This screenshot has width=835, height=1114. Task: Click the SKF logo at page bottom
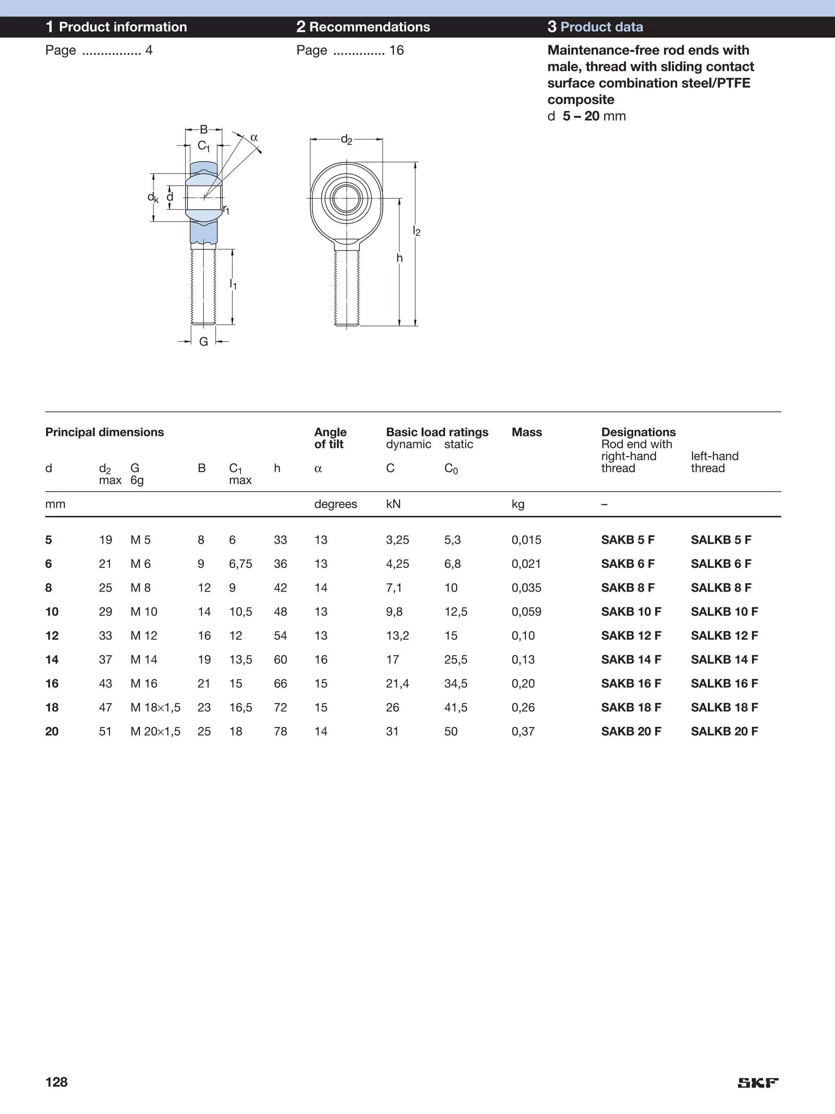point(758,1083)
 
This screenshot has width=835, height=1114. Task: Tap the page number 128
point(56,1082)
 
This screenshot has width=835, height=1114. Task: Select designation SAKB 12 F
point(631,636)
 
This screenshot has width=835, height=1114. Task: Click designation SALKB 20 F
point(724,731)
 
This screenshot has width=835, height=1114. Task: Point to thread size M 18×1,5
point(155,708)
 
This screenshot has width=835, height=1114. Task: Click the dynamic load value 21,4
point(397,683)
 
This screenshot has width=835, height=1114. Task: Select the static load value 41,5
point(455,708)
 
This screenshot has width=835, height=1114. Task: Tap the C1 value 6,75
point(240,564)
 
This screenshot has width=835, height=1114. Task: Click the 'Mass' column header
point(526,432)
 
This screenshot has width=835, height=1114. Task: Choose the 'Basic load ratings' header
point(437,432)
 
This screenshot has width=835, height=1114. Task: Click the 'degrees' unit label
point(335,504)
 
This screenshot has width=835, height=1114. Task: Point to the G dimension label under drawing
point(203,342)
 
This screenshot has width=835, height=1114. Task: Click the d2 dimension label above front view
point(346,140)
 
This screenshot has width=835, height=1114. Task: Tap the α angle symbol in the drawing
point(254,138)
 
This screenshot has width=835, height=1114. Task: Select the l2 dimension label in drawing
point(416,231)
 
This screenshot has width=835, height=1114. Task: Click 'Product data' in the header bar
point(601,27)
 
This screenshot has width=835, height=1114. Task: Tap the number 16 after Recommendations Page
point(396,50)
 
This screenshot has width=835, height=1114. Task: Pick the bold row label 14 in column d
point(52,660)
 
